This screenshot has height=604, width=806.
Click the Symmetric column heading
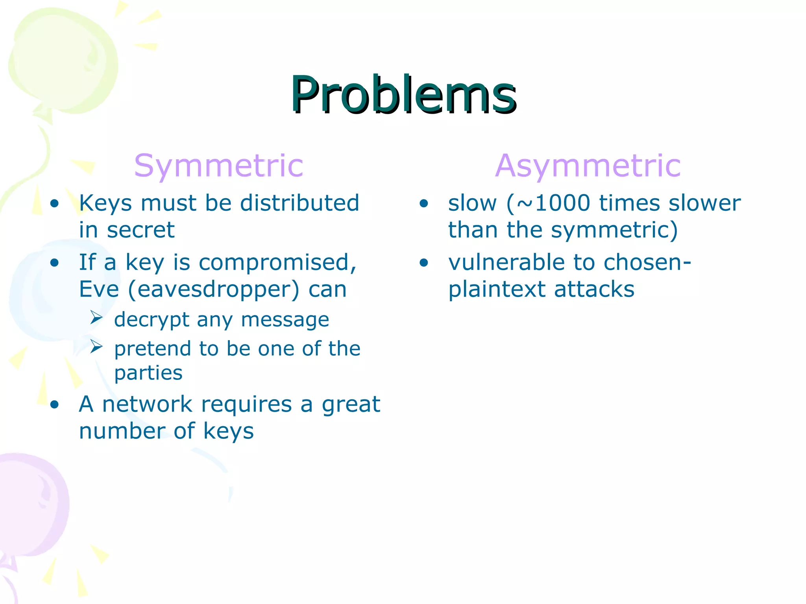pyautogui.click(x=218, y=166)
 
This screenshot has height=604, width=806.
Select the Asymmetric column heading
pyautogui.click(x=588, y=166)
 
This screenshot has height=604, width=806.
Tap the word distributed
pyautogui.click(x=299, y=203)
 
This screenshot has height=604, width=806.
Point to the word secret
pyautogui.click(x=140, y=230)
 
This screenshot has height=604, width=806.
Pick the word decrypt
pyautogui.click(x=152, y=320)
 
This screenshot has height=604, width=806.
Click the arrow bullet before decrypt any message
pyautogui.click(x=96, y=317)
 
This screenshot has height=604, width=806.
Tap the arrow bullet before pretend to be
pyautogui.click(x=96, y=346)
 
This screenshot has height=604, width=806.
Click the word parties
pyautogui.click(x=148, y=372)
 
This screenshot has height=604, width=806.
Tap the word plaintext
pyautogui.click(x=497, y=289)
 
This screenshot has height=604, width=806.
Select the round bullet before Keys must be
pyautogui.click(x=54, y=203)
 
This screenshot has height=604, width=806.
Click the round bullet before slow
pyautogui.click(x=423, y=203)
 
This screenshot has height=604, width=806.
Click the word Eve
pyautogui.click(x=99, y=289)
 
